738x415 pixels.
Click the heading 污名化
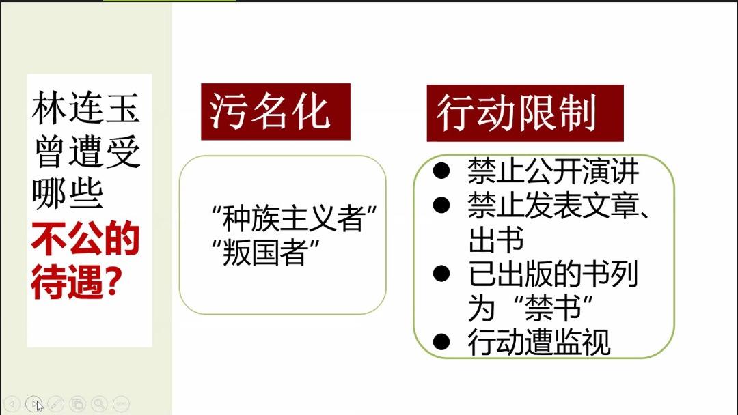pyautogui.click(x=269, y=112)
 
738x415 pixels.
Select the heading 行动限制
pyautogui.click(x=517, y=113)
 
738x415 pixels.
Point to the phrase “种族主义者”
pyautogui.click(x=295, y=219)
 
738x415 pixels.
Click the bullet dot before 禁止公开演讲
pyautogui.click(x=441, y=171)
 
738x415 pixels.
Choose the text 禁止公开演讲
pyautogui.click(x=553, y=171)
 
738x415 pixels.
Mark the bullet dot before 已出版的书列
pyautogui.click(x=441, y=274)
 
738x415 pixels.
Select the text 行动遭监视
pyautogui.click(x=539, y=342)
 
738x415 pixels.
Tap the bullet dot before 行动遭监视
pyautogui.click(x=441, y=342)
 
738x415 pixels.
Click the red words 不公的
pyautogui.click(x=85, y=239)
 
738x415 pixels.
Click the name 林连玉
pyautogui.click(x=85, y=108)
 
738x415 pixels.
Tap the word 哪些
pyautogui.click(x=68, y=194)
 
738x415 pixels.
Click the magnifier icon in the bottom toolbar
pyautogui.click(x=99, y=403)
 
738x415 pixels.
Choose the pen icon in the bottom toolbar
pyautogui.click(x=55, y=403)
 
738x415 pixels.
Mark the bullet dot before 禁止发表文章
pyautogui.click(x=441, y=205)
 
